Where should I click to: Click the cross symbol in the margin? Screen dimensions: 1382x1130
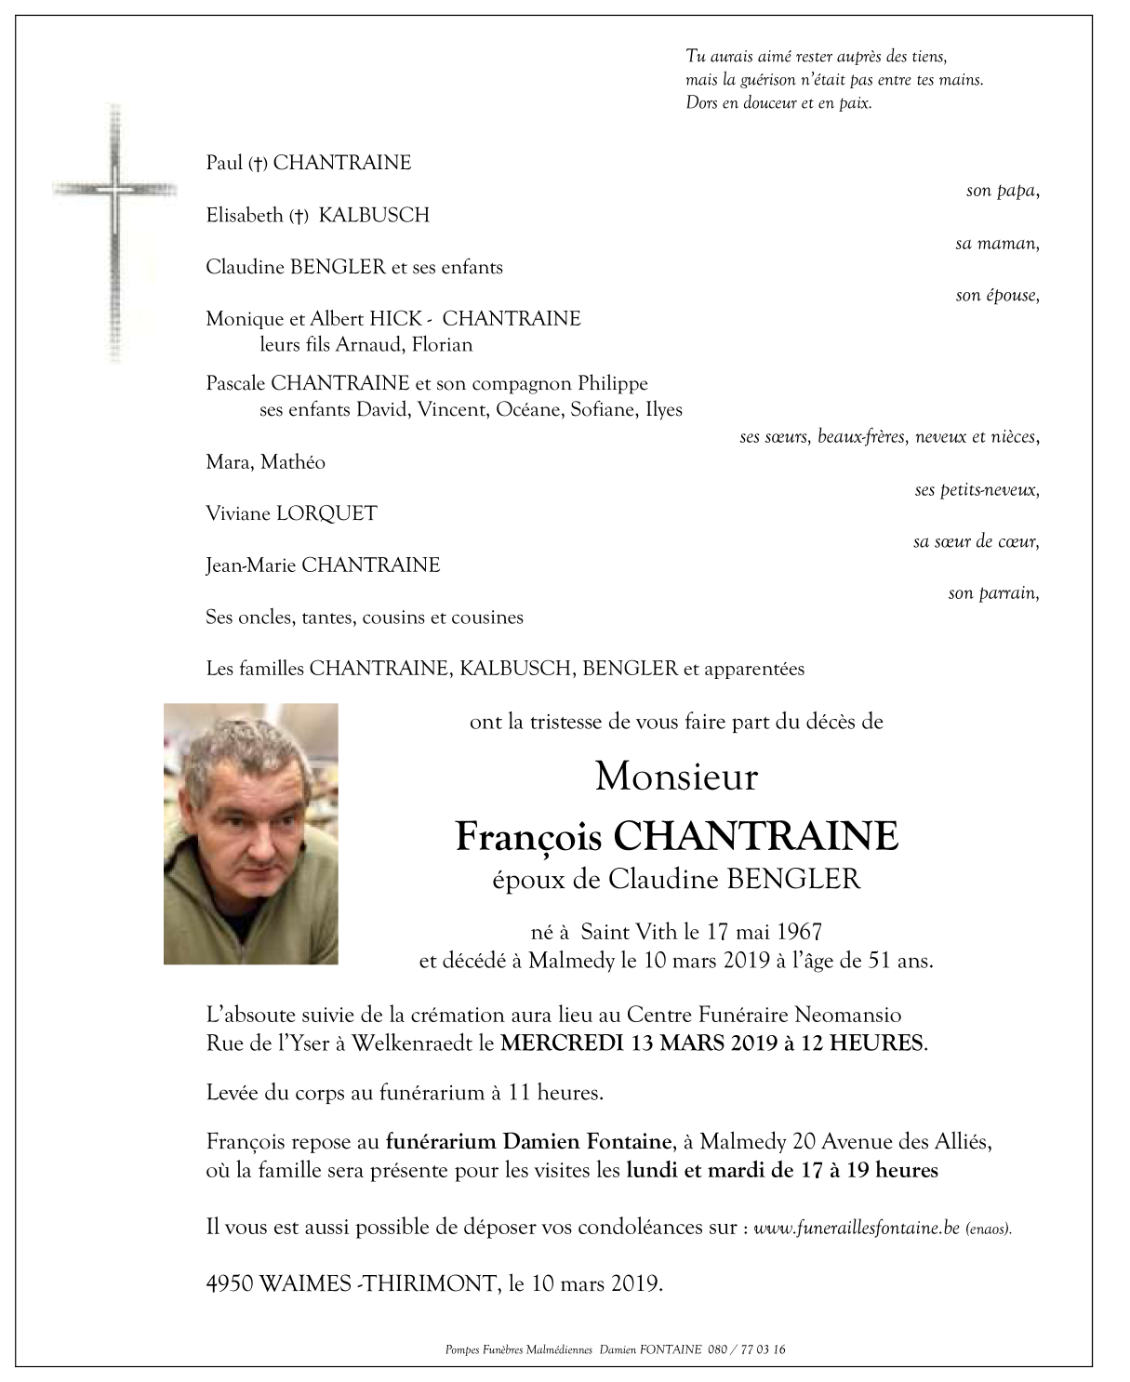(x=115, y=233)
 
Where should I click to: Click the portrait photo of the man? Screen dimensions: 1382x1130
(x=251, y=833)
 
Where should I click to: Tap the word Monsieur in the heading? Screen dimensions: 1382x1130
(x=676, y=777)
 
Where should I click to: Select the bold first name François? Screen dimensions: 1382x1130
(x=529, y=836)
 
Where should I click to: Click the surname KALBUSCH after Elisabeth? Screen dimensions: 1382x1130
(x=374, y=215)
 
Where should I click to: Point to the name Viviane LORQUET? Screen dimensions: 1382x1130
(x=291, y=513)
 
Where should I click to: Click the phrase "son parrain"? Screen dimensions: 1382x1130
(x=991, y=593)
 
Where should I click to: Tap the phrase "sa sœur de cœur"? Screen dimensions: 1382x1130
(x=975, y=541)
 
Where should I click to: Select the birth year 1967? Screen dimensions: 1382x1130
(x=799, y=931)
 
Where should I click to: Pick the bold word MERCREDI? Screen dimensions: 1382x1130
(x=562, y=1043)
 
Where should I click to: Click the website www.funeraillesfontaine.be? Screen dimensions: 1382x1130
(x=857, y=1228)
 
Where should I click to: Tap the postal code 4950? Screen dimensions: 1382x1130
(x=230, y=1284)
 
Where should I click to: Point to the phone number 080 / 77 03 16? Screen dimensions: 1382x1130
(x=747, y=1349)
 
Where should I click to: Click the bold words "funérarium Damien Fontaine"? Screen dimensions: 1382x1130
(x=528, y=1141)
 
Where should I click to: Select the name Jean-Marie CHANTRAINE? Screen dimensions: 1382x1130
(x=323, y=565)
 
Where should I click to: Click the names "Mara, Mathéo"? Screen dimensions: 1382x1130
(x=265, y=462)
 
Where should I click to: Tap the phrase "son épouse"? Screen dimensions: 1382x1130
(x=996, y=296)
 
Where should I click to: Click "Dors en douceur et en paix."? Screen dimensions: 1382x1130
(x=778, y=103)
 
